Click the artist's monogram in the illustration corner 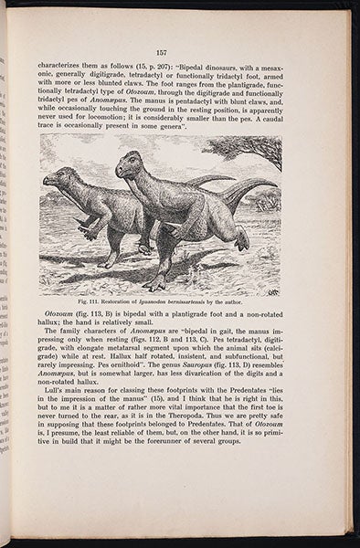[x=272, y=290]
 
